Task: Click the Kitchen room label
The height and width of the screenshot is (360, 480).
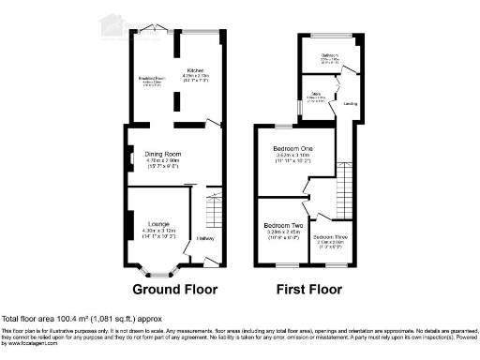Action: [195, 68]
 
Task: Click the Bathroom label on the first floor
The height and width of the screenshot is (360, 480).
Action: [330, 55]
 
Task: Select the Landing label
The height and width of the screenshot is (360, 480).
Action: [349, 103]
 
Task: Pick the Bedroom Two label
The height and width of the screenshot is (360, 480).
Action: [282, 226]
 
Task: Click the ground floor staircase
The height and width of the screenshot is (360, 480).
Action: [213, 211]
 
